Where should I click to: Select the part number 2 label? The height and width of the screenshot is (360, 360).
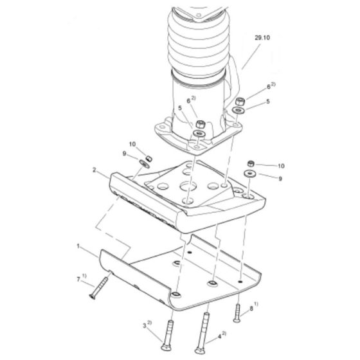[x=94, y=170]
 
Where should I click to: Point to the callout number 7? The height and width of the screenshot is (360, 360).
[x=78, y=280]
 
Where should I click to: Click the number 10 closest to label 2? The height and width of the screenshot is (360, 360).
[x=132, y=144]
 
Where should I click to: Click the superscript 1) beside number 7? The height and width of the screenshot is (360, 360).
[x=85, y=277]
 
